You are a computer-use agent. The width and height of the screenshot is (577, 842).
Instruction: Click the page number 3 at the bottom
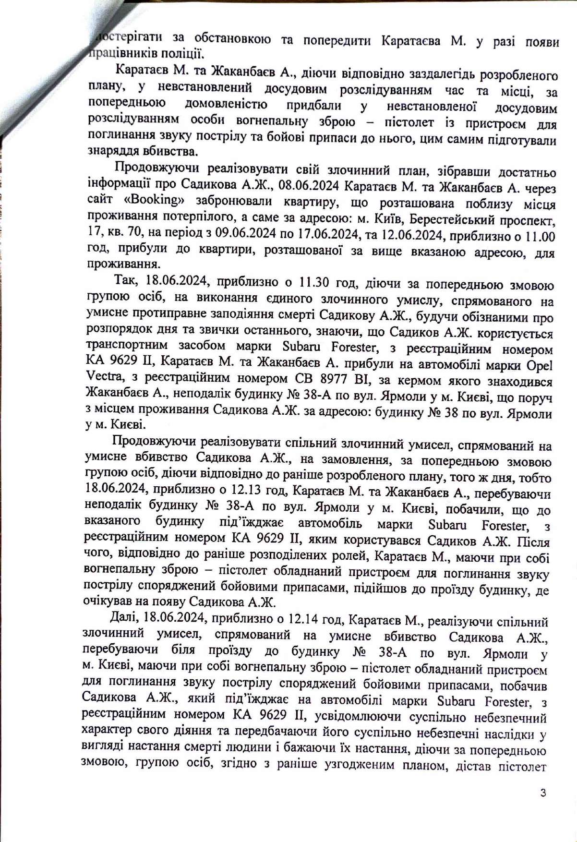point(543,793)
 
